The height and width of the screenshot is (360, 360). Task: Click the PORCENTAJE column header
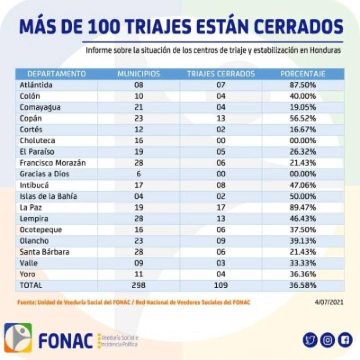point(303,74)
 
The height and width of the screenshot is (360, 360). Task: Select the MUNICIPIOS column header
point(139,74)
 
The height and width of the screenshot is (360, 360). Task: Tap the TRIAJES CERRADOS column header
point(221,74)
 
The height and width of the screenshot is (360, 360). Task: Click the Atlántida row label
point(36,85)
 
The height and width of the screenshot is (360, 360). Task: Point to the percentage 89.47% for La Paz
point(303,207)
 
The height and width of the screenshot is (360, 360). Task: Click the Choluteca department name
point(37,141)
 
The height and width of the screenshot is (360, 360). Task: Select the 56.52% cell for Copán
point(303,118)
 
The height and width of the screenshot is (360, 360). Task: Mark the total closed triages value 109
point(221,285)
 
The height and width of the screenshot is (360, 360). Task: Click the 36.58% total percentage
point(303,285)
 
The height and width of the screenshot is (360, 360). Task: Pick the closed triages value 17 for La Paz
point(221,207)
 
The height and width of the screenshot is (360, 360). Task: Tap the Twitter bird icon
point(310,340)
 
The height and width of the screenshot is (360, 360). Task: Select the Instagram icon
point(328,340)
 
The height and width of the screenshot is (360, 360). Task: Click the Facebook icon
point(345,340)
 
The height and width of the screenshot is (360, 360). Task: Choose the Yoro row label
point(28,274)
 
